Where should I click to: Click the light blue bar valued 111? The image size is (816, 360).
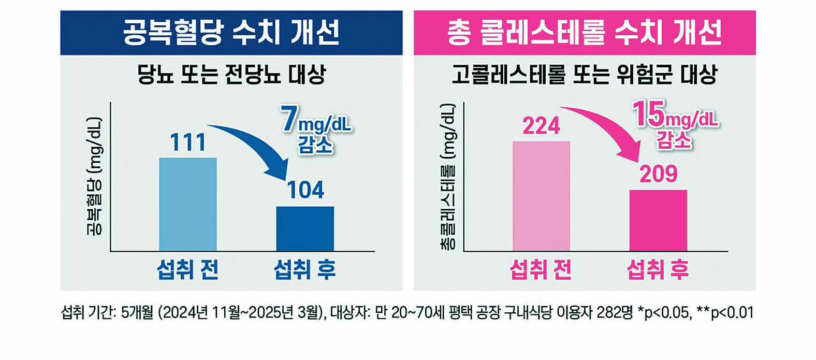(x=187, y=204)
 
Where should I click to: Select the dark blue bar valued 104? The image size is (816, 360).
(x=304, y=228)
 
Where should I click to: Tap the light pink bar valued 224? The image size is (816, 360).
(x=541, y=196)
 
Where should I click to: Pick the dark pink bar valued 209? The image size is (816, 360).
(x=658, y=220)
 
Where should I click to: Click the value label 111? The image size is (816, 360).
(x=188, y=142)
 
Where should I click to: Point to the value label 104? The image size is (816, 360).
(x=305, y=190)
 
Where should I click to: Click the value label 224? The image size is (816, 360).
(x=541, y=126)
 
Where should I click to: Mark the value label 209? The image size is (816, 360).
(x=658, y=174)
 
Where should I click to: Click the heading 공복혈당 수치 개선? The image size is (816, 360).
(x=231, y=33)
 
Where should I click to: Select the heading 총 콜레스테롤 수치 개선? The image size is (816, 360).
(x=584, y=33)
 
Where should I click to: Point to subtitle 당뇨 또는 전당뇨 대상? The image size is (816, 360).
(x=231, y=75)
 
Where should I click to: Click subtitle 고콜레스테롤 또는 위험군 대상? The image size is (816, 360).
(x=584, y=75)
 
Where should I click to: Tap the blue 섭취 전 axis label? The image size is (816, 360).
(x=187, y=270)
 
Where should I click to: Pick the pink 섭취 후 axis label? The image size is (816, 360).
(x=658, y=270)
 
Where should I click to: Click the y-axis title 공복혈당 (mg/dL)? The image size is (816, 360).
(x=94, y=176)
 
